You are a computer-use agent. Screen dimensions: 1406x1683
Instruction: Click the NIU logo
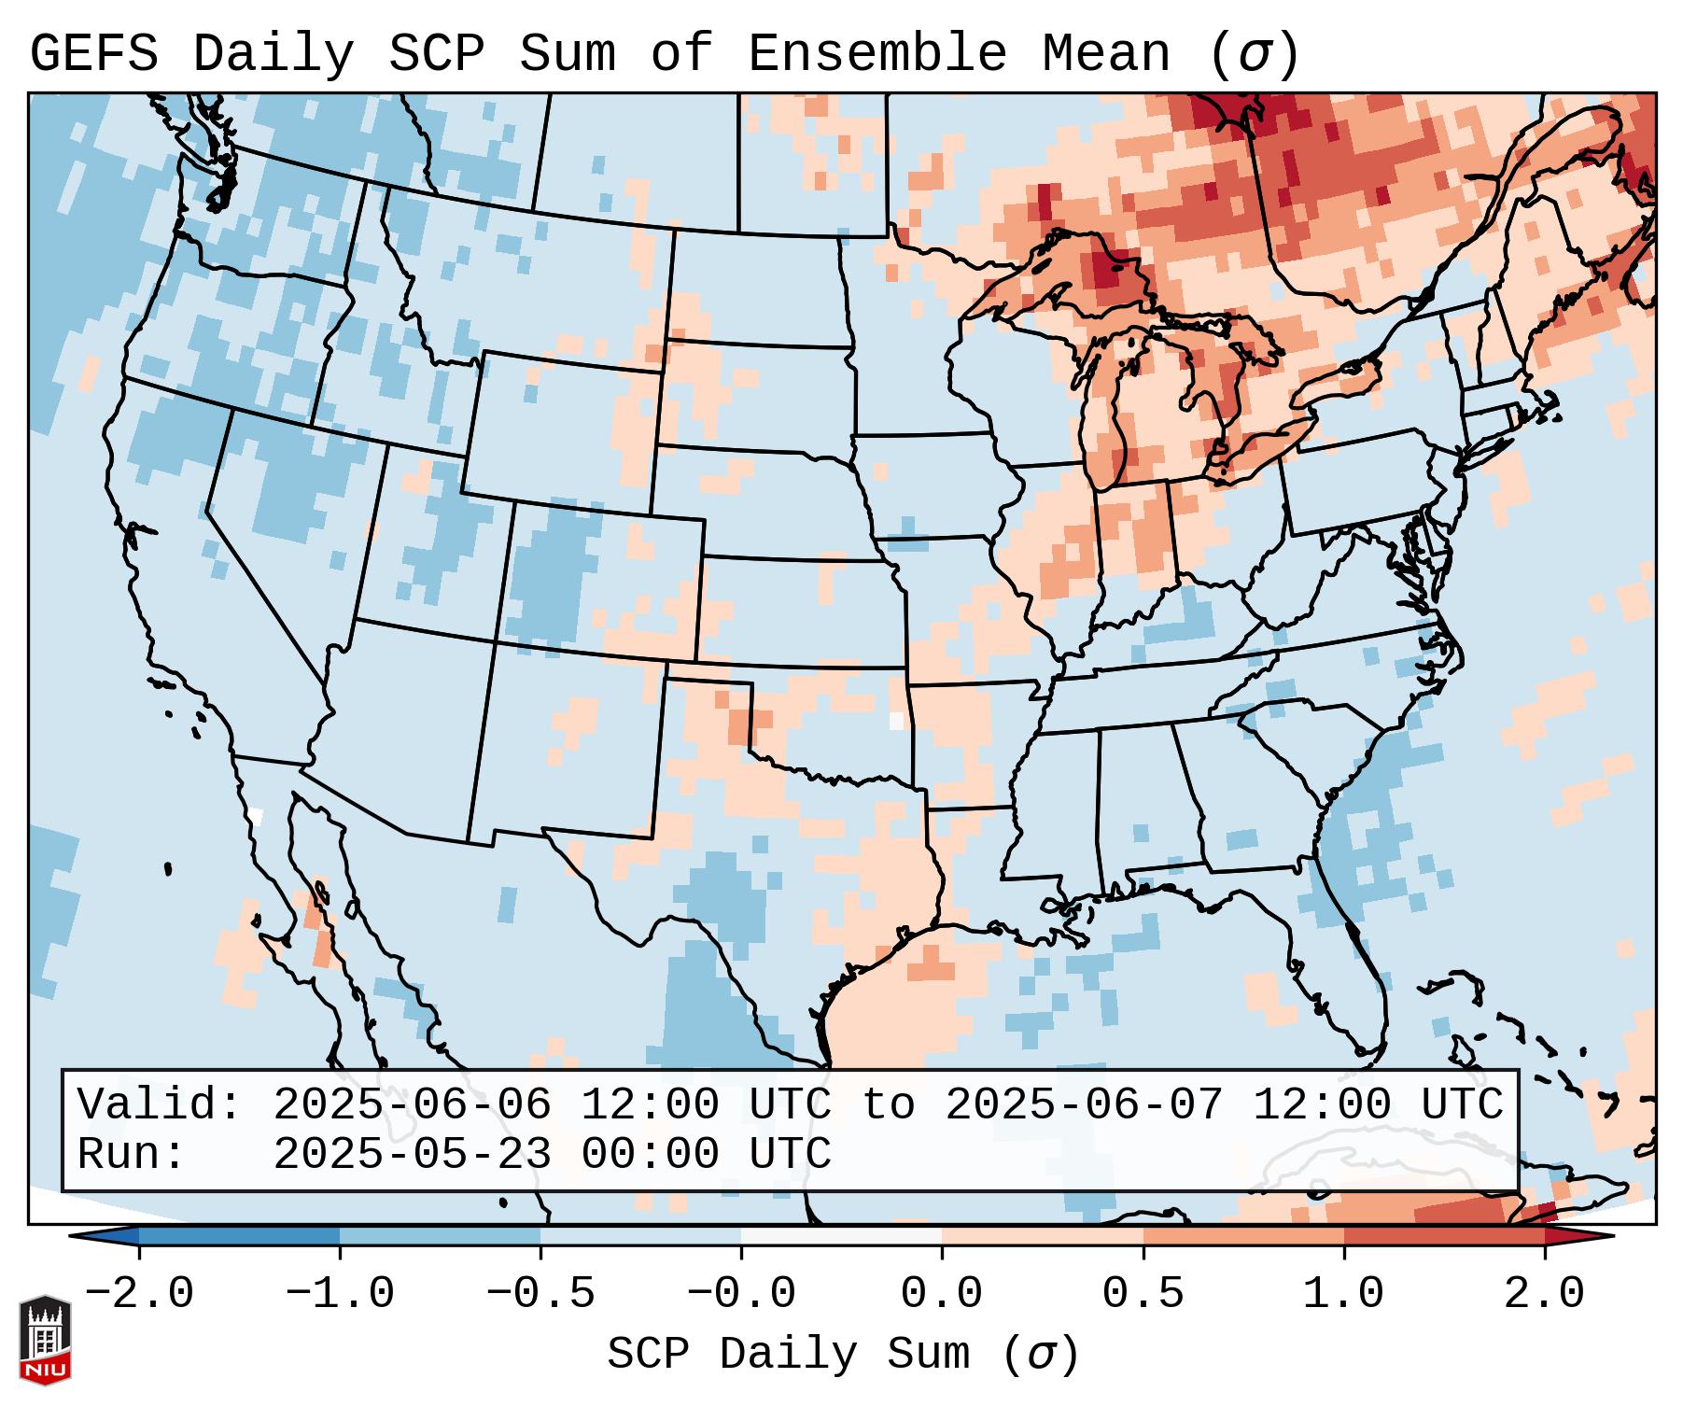click(x=45, y=1341)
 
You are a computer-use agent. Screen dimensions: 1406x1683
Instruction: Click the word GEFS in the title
click(x=93, y=54)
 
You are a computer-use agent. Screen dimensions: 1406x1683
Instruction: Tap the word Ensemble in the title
click(x=877, y=54)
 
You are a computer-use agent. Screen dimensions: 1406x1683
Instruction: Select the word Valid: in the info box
click(x=160, y=1105)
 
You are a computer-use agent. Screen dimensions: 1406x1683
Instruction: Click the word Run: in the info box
click(x=132, y=1155)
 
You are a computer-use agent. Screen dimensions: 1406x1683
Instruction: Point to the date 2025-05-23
click(x=412, y=1155)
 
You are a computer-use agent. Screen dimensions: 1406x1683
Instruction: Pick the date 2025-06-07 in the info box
click(x=1084, y=1105)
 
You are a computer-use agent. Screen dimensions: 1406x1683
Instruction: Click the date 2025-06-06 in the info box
click(x=412, y=1105)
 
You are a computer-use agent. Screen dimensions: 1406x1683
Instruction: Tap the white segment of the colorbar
click(x=842, y=1236)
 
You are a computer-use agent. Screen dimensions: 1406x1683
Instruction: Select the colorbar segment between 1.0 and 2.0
click(x=1444, y=1236)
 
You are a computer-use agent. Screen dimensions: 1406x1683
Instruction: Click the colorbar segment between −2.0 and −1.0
click(x=240, y=1236)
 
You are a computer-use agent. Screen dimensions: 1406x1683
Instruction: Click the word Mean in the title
click(x=1106, y=54)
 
